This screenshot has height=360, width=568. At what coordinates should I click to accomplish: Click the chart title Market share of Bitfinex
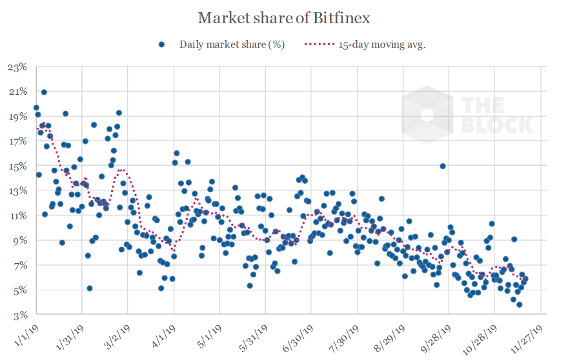point(284,17)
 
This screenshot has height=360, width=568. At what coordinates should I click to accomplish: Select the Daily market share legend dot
point(162,45)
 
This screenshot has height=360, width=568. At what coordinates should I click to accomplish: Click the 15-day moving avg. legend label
point(381,45)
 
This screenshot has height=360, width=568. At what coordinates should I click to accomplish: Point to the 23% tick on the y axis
point(17,66)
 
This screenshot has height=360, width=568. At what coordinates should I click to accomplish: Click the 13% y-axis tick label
point(17,191)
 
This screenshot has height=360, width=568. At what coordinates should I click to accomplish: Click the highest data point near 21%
point(44,92)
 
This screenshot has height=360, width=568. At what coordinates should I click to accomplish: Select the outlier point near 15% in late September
point(443,166)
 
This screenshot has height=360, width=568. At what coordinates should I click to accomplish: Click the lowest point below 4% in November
point(519,305)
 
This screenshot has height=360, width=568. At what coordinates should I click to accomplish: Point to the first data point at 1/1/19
point(36,108)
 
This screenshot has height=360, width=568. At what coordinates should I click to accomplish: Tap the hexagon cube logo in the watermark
point(427,115)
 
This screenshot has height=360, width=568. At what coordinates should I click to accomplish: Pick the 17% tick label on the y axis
point(17,141)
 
